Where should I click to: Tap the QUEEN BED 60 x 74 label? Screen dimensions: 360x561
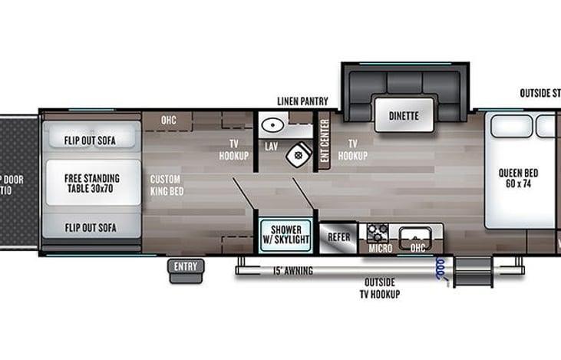[517, 178]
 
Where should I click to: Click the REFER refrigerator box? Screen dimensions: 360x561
[338, 238]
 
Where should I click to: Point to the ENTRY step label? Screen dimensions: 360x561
[185, 267]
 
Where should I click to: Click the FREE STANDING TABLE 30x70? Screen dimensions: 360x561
[91, 183]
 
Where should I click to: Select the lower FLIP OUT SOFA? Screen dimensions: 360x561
[91, 227]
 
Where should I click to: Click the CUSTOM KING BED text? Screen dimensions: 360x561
[166, 184]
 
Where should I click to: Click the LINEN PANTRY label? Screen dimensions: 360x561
[302, 101]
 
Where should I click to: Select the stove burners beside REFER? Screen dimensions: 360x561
[376, 233]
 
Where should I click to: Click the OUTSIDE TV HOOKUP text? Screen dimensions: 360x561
[381, 288]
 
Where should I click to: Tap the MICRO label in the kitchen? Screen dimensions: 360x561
[380, 248]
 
